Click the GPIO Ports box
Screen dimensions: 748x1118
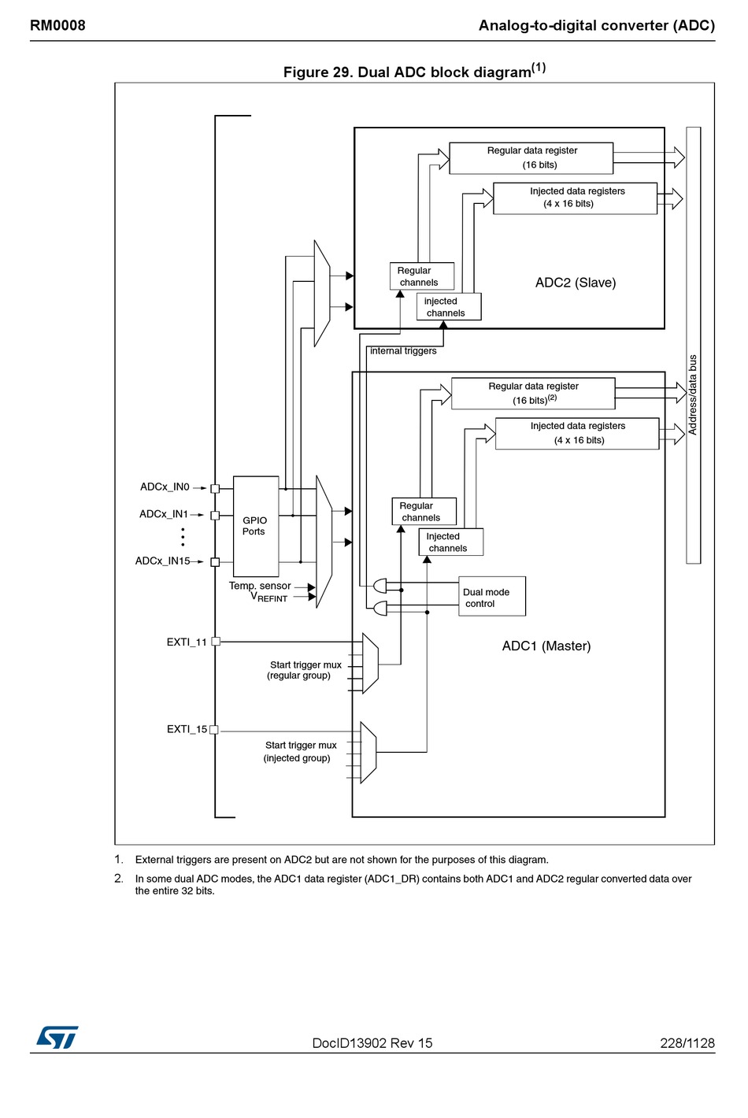click(256, 526)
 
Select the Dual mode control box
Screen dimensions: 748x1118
click(492, 596)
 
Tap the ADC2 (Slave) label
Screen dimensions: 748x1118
click(576, 283)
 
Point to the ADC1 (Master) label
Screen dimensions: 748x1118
click(546, 646)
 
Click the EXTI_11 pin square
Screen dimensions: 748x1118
click(216, 642)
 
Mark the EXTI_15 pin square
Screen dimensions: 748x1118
click(214, 729)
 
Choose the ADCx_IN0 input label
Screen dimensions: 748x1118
click(165, 487)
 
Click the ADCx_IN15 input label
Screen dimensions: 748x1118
click(163, 561)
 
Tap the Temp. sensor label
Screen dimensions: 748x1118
click(260, 586)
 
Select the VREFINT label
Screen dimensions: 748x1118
click(269, 597)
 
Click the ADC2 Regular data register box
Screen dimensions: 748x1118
click(531, 158)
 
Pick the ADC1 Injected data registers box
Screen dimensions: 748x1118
click(577, 433)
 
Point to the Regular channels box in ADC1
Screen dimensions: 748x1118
click(424, 511)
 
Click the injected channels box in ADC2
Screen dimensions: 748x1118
click(449, 306)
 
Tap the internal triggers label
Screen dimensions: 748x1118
click(403, 351)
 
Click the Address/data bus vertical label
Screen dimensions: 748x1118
click(693, 394)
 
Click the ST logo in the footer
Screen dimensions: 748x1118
click(57, 1037)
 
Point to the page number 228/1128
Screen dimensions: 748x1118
click(687, 1043)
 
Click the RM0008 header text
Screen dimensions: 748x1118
click(58, 25)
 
